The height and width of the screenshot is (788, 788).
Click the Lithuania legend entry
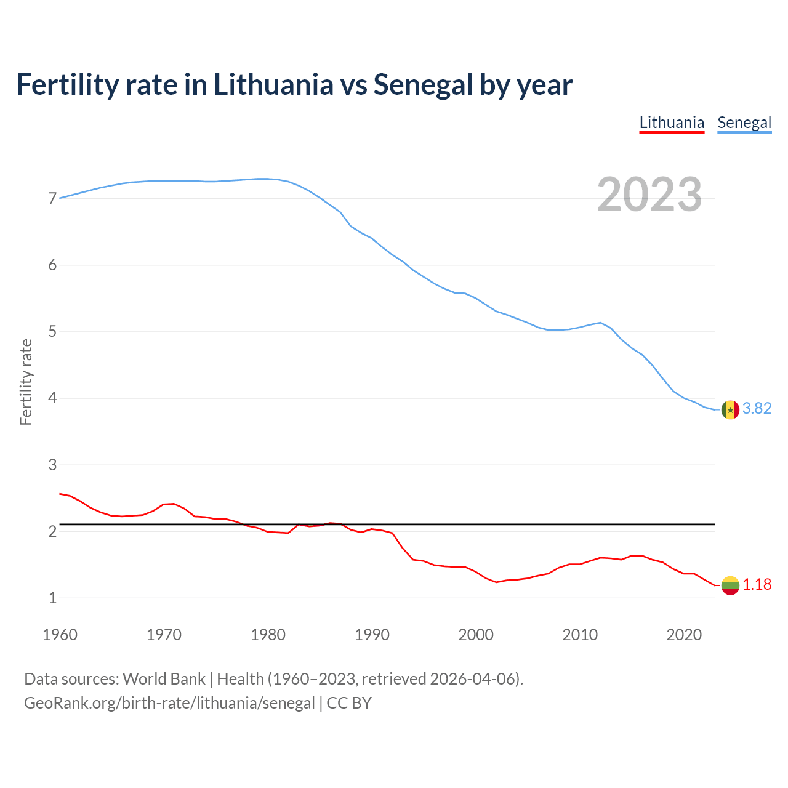[672, 123]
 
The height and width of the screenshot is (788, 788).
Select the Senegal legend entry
[744, 123]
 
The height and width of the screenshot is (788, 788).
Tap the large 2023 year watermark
[649, 195]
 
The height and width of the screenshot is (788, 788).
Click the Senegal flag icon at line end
[730, 409]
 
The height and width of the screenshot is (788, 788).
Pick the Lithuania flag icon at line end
[730, 585]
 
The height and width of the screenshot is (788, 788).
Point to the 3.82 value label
[757, 409]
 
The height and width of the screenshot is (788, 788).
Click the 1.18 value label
[757, 584]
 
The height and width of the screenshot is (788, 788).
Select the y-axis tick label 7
[52, 199]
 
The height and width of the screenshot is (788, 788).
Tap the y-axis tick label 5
[52, 332]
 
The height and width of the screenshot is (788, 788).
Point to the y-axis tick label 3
[52, 465]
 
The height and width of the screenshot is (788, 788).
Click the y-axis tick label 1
[52, 598]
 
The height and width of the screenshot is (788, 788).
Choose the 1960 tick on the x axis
[60, 635]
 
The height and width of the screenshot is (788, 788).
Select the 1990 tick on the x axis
[372, 635]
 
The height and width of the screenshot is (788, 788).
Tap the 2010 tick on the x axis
[580, 635]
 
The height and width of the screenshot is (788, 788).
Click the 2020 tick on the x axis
[684, 635]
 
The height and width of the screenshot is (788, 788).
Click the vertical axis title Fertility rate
[26, 382]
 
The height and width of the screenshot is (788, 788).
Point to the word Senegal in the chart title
[423, 85]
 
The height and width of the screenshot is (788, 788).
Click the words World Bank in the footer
[164, 679]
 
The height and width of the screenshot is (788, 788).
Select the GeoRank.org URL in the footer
[169, 703]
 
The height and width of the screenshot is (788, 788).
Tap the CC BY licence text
[349, 703]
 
